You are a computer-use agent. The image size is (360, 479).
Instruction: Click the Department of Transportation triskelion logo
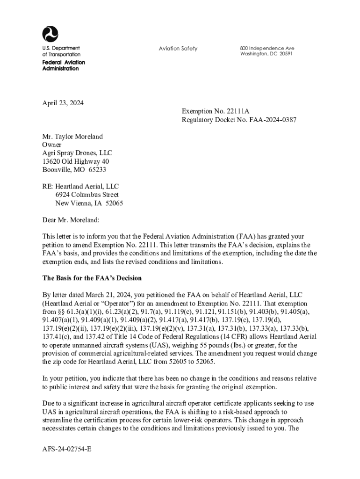tap(50, 34)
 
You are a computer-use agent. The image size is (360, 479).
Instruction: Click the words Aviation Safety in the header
tap(178, 49)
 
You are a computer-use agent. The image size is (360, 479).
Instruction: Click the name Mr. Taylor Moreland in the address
tap(72, 137)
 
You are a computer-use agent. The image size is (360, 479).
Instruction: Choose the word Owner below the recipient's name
tap(52, 145)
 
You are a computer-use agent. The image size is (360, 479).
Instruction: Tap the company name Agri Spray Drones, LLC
tap(77, 153)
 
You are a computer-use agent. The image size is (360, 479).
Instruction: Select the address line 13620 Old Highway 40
tap(76, 161)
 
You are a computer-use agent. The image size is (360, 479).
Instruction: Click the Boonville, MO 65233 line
tap(74, 170)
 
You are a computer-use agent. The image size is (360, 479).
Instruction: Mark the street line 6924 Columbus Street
tap(87, 195)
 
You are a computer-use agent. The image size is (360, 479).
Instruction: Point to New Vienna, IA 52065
tap(89, 203)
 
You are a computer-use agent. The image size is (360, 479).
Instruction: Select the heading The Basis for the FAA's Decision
tap(92, 278)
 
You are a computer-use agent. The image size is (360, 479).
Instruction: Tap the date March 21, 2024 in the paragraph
tap(91, 295)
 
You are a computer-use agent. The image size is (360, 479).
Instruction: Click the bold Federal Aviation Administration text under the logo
tap(64, 65)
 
